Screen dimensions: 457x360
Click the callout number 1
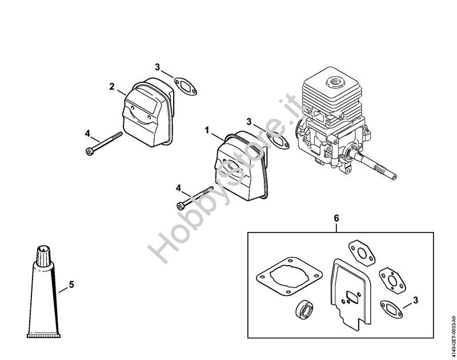206,130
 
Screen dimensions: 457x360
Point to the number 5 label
71,283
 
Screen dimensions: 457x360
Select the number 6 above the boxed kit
336,218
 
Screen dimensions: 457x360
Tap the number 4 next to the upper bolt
87,133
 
